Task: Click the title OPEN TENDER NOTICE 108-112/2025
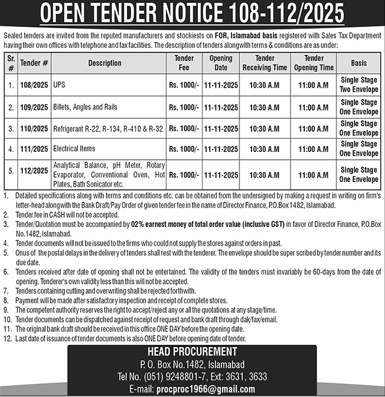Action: tap(192, 12)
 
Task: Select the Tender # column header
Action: tap(34, 62)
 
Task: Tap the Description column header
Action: tap(105, 62)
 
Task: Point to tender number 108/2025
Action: tap(34, 86)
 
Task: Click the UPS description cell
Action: tap(59, 86)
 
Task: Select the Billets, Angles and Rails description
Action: tap(85, 108)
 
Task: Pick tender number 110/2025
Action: tap(34, 129)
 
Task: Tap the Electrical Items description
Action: tap(74, 148)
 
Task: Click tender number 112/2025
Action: tap(34, 171)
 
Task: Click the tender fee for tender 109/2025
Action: tap(183, 108)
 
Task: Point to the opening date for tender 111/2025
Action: tap(221, 148)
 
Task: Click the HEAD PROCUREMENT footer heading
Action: tap(192, 352)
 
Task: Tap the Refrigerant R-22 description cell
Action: tap(107, 129)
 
